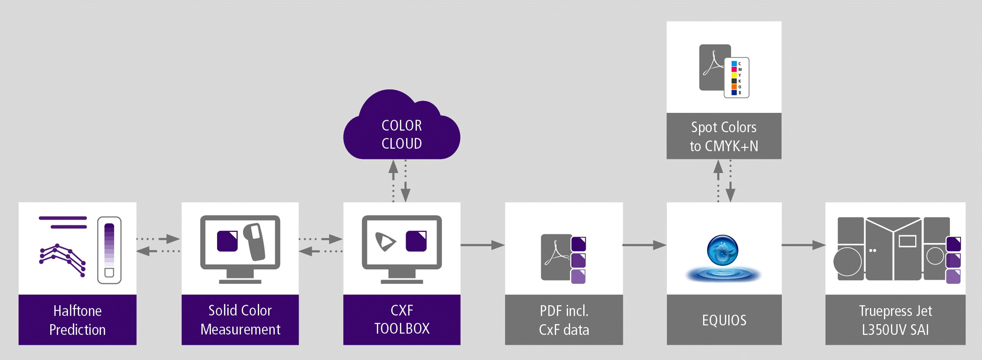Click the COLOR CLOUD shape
tap(402, 128)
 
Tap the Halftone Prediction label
tap(78, 320)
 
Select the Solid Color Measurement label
tap(240, 319)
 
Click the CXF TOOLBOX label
tap(402, 319)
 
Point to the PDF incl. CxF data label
tap(564, 320)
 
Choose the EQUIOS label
tap(724, 320)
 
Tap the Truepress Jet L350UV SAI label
tap(895, 320)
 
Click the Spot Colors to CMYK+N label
tap(724, 136)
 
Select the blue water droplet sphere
tap(722, 250)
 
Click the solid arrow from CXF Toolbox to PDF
tap(483, 245)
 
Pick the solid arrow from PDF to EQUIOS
tap(644, 245)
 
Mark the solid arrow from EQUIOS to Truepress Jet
tap(803, 245)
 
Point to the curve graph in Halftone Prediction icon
tap(63, 259)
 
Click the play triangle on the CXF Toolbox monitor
tap(385, 241)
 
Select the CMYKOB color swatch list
tap(736, 78)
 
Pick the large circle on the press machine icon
tap(847, 262)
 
